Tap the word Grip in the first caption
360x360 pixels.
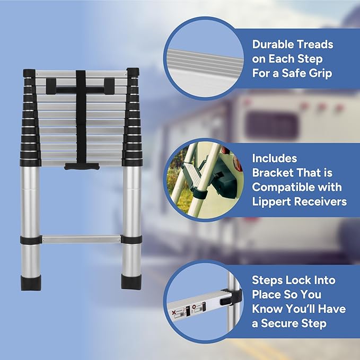[x=318, y=73]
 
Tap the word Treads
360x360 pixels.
[x=313, y=45]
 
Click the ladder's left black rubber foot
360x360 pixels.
[x=29, y=282]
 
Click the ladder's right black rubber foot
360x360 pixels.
[x=130, y=282]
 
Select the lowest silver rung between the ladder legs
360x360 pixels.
[x=80, y=239]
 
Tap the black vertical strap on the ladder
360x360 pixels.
[x=81, y=117]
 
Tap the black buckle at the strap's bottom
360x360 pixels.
[x=81, y=166]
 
